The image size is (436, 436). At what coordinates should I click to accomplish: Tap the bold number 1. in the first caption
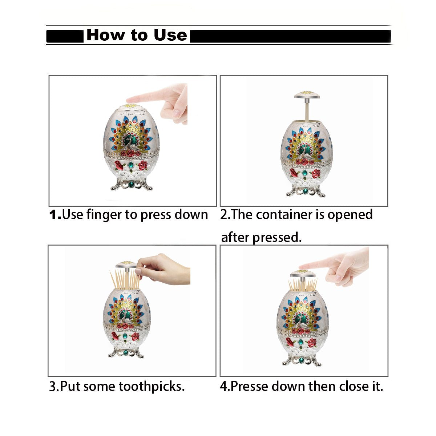(55, 215)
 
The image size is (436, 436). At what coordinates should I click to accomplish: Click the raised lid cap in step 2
(307, 95)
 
